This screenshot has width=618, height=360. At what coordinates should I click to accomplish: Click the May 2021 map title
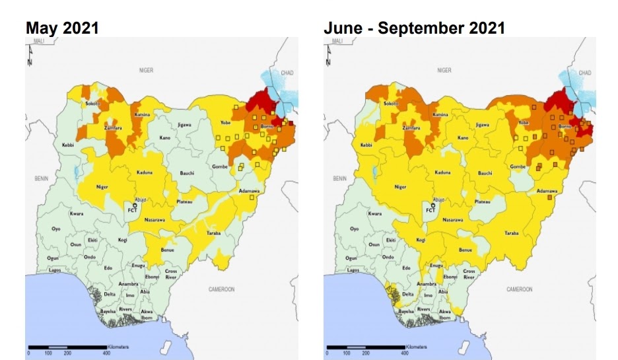pos(62,28)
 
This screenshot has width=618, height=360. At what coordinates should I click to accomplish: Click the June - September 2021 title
pos(414,28)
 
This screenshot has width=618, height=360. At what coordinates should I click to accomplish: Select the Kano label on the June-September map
pos(463,137)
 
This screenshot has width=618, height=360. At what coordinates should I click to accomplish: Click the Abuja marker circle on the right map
pos(432,205)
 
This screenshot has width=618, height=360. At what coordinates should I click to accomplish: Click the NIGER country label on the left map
pos(146,69)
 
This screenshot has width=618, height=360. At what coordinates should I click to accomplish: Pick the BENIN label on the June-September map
pos(340,178)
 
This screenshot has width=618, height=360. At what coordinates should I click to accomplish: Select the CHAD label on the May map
pos(287,72)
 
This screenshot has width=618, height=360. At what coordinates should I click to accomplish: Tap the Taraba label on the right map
pos(511,233)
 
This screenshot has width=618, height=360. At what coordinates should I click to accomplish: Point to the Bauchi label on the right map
pos(485,173)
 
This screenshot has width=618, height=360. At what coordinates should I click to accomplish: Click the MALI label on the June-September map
pos(337,41)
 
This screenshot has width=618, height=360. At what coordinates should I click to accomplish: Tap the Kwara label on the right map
pos(375,213)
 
